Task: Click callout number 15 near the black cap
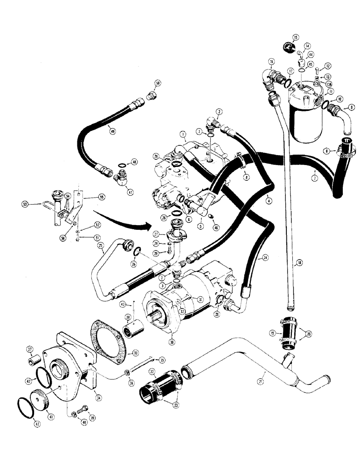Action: (296, 37)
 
